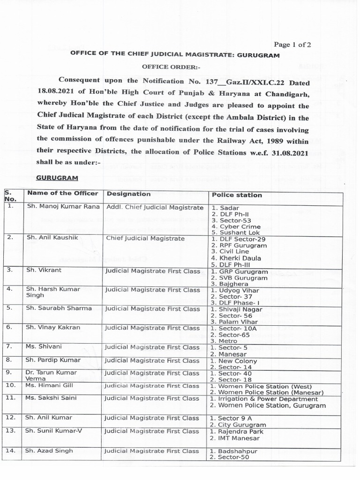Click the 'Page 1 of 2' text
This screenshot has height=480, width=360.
pos(292,45)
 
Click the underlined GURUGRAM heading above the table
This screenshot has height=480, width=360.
pos(57,179)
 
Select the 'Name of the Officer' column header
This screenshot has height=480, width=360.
pos(62,193)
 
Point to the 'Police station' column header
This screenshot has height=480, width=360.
pos(237,195)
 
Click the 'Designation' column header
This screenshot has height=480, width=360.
pos(128,194)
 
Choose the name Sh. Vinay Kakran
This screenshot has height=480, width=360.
pos(52,328)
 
